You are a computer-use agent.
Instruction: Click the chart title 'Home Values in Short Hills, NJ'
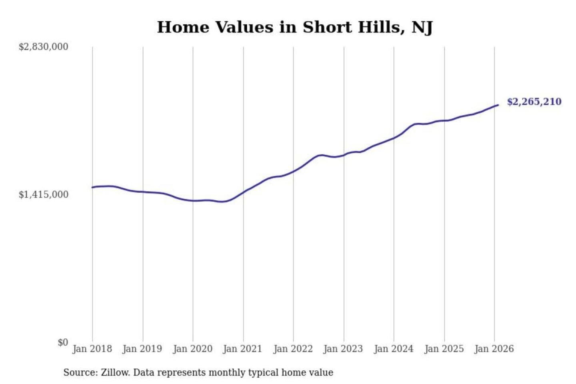295,27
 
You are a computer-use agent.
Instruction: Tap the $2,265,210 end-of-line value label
534,102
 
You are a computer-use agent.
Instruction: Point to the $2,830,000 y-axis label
44,47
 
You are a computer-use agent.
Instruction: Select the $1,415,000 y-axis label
44,195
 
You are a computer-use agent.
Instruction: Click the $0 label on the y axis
63,342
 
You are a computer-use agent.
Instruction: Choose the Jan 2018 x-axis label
92,349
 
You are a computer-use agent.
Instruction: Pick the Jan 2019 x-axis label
142,349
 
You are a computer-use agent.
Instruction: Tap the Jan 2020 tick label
192,349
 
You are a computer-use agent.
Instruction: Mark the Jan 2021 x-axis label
242,349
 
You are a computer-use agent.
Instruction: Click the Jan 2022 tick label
293,349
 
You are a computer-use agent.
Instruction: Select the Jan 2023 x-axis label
343,349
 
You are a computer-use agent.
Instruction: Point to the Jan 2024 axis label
393,349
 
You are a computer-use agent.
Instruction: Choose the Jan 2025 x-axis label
444,349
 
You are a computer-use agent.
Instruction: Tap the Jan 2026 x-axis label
494,349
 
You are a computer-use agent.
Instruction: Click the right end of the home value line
498,105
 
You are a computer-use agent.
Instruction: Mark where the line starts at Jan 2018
92,187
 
